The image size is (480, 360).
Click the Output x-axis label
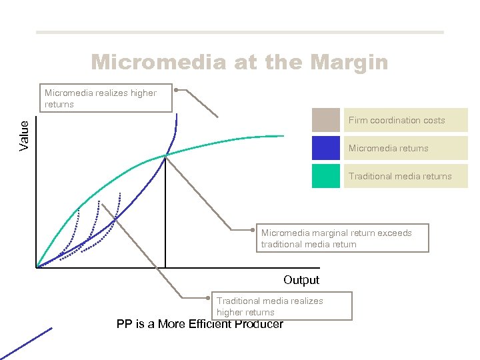[301, 280]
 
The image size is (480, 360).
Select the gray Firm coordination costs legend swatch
[325, 120]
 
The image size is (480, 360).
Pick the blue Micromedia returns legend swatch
[325, 148]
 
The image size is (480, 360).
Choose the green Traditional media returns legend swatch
[325, 176]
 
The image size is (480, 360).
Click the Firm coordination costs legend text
[397, 121]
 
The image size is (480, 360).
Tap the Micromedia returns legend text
[388, 149]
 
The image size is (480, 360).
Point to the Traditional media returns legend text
[400, 177]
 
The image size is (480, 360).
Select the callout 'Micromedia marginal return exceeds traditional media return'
[341, 238]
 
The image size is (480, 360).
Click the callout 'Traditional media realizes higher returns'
[280, 306]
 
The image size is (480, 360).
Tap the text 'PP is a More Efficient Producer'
[199, 325]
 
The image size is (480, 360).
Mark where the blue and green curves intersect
[165, 155]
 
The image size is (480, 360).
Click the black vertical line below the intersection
[165, 213]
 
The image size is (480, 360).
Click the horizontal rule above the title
[239, 32]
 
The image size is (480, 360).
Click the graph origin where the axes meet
[37, 267]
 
